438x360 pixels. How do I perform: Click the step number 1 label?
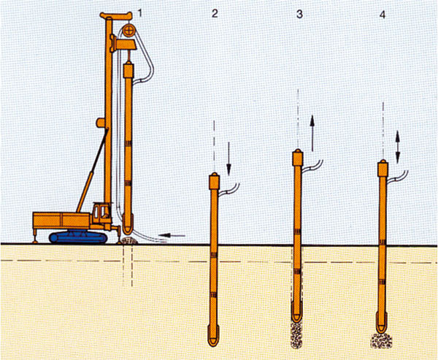tap(139, 13)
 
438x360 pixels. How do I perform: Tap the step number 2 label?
tap(215, 13)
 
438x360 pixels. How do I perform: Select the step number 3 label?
tap(299, 14)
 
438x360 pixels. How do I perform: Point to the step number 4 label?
tap(383, 15)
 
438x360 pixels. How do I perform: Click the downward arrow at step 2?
tap(228, 158)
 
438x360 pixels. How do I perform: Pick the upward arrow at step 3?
tap(312, 134)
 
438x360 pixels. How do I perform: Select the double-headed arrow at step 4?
tap(398, 147)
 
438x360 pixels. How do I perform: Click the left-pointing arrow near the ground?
tap(172, 236)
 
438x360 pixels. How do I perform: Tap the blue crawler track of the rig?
tap(78, 237)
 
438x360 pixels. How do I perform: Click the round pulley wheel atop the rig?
tap(128, 30)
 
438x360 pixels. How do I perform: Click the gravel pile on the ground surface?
tap(128, 240)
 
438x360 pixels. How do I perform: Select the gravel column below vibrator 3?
tap(296, 334)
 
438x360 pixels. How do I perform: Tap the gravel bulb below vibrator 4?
tap(381, 340)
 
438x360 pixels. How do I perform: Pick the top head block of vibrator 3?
tap(298, 158)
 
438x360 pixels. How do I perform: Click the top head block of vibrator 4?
tap(383, 168)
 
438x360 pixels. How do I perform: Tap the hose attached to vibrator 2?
tap(229, 190)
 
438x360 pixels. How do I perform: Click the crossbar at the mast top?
tap(116, 15)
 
